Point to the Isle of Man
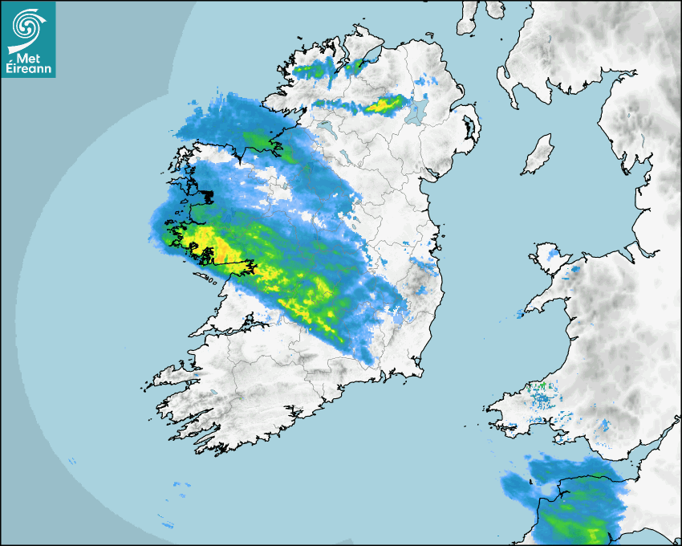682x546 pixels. [x=538, y=155]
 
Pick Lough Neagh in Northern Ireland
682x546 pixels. [x=416, y=113]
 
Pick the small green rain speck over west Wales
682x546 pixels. [x=542, y=387]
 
